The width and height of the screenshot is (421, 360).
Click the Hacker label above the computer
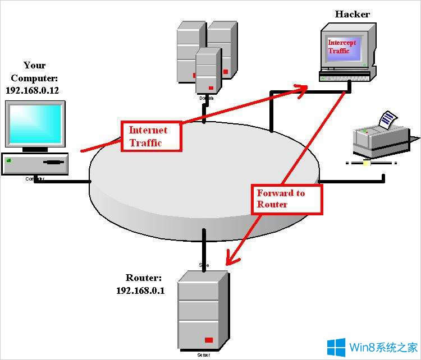point(353,14)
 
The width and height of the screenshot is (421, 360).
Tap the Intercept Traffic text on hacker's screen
point(342,47)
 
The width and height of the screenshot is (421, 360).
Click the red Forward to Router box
point(287,199)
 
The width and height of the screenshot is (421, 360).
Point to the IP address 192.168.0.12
point(31,90)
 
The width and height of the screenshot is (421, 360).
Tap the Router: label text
point(144,278)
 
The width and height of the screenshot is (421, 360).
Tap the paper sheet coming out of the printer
point(388,118)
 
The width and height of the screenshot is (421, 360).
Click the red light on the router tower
point(209,340)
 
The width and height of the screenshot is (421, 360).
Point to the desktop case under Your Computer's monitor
point(35,163)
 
